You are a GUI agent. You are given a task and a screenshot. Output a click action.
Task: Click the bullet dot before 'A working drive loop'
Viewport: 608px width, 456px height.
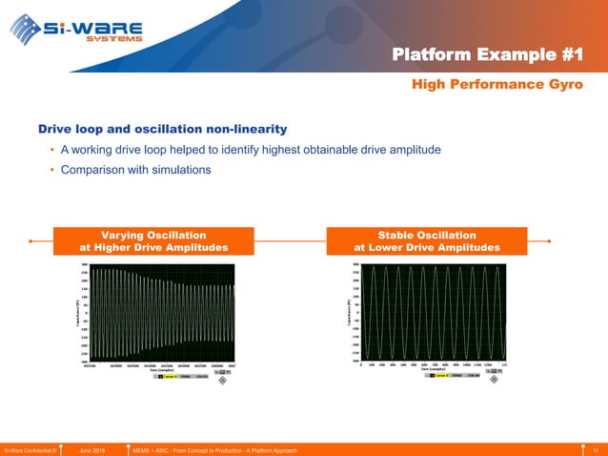(51, 150)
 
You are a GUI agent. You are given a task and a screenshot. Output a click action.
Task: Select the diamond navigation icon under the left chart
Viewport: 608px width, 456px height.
(223, 380)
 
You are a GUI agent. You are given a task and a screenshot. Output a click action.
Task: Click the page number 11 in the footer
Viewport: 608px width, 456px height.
(595, 449)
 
